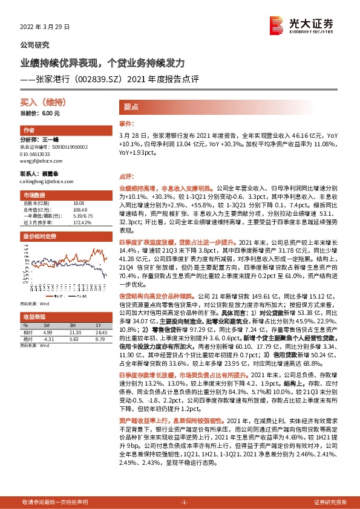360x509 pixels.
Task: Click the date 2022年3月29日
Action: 41,27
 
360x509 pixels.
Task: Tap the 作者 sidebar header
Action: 28,131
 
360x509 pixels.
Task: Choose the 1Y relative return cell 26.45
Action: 100,332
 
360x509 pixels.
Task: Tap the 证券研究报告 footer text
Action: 330,502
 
